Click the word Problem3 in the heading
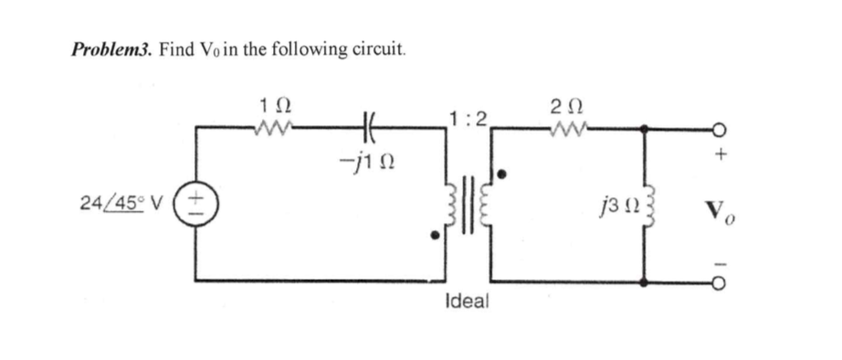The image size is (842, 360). (x=111, y=48)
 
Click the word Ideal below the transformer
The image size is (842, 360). (x=468, y=302)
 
